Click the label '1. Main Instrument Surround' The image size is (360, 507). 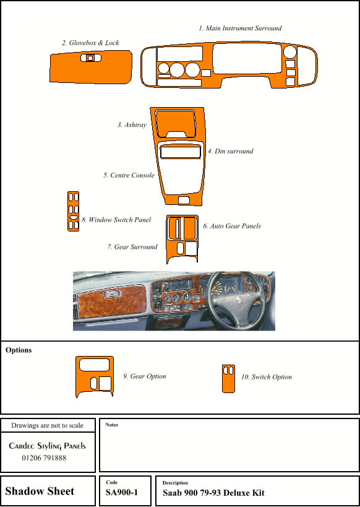[x=240, y=28]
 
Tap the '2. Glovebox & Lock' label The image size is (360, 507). [x=90, y=43]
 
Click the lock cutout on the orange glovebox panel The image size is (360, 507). [x=91, y=58]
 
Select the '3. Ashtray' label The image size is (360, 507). [x=132, y=125]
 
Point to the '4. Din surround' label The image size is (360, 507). [x=231, y=151]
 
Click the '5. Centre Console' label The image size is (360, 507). [x=129, y=175]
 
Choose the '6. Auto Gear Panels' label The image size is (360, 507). [x=232, y=226]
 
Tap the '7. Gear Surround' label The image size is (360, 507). [x=132, y=247]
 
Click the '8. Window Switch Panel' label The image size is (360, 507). [x=116, y=220]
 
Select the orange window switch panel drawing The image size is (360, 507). [x=74, y=211]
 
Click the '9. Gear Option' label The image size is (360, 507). [x=145, y=376]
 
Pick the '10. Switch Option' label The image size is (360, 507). [x=267, y=377]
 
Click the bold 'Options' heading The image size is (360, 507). [x=19, y=350]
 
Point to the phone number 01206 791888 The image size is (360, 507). [x=44, y=458]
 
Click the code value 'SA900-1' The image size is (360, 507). [x=122, y=492]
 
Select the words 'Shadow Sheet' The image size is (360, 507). [x=40, y=491]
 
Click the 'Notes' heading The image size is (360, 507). [x=111, y=425]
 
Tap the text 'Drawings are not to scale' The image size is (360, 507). [x=47, y=425]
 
